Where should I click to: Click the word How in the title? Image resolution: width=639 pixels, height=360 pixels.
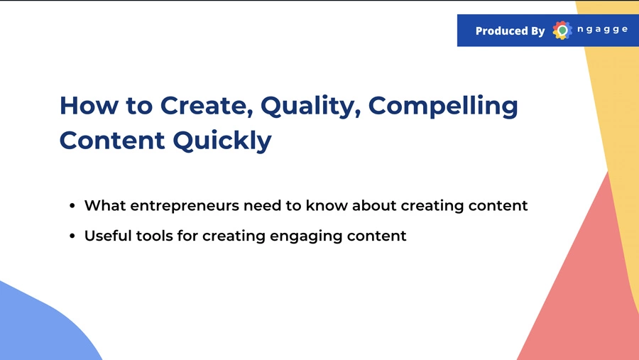coord(89,105)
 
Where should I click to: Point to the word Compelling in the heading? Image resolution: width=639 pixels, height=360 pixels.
coord(443,107)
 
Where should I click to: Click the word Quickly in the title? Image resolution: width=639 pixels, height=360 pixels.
coord(222,141)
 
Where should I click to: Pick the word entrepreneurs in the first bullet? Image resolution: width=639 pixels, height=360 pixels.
coord(185,206)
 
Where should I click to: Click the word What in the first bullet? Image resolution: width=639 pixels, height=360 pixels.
coord(105,205)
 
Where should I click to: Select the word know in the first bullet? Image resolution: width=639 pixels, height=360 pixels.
coord(327,205)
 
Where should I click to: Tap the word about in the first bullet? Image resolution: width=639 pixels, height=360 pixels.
coord(374,205)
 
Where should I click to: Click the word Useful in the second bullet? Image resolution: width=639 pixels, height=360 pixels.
coord(108,235)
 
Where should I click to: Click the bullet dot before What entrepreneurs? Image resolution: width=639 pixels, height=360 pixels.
coord(72,205)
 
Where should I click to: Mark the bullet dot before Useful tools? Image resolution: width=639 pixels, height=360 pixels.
coord(72,236)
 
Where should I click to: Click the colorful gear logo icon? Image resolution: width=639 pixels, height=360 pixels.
coord(562,30)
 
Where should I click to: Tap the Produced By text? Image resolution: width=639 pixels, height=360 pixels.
coord(510,31)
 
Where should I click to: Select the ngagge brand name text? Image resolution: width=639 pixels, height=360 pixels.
coord(602,29)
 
